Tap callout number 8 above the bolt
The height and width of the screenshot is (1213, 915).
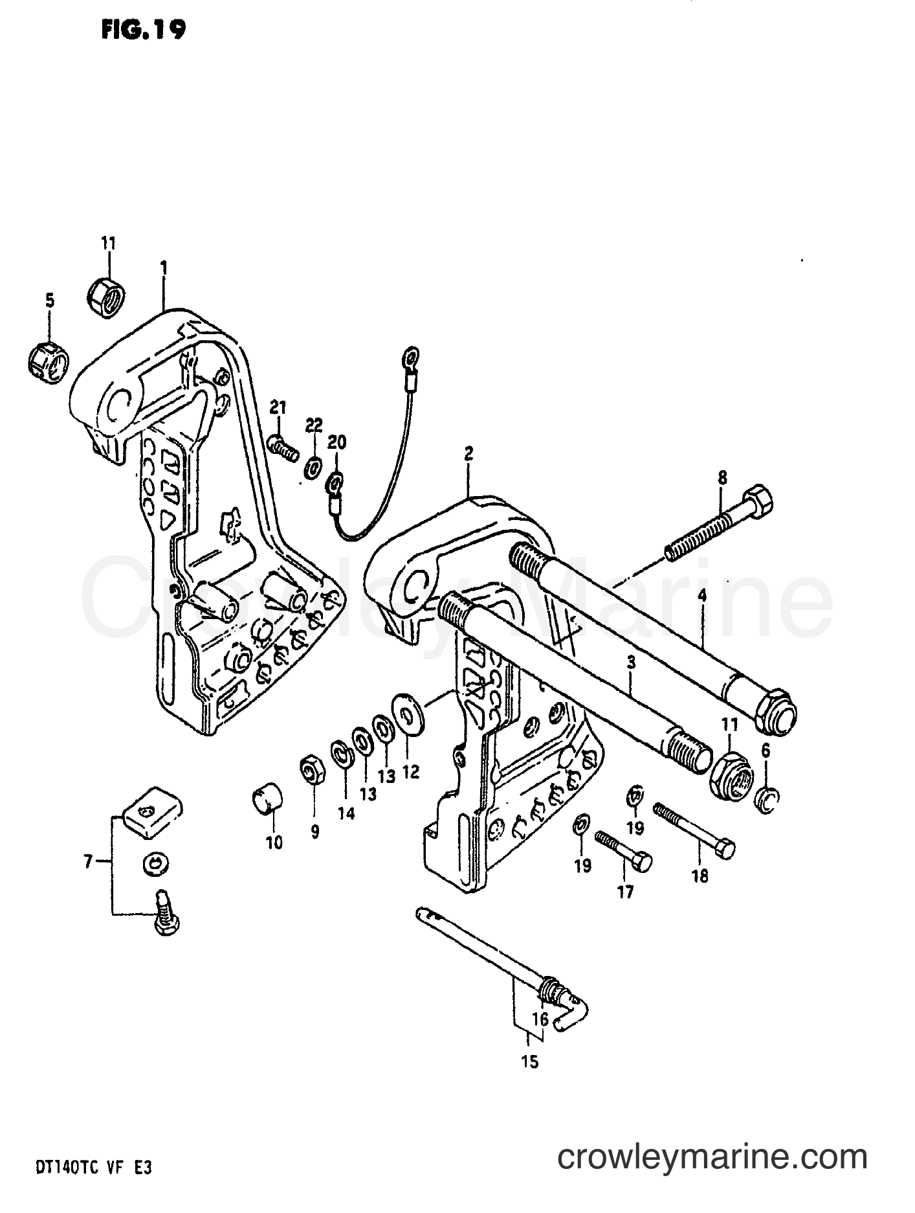pyautogui.click(x=722, y=479)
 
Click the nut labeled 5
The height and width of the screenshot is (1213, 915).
pyautogui.click(x=49, y=358)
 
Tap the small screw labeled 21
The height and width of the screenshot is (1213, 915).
pyautogui.click(x=283, y=446)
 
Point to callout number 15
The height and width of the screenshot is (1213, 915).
pyautogui.click(x=529, y=1063)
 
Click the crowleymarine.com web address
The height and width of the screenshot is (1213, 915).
pyautogui.click(x=712, y=1156)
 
